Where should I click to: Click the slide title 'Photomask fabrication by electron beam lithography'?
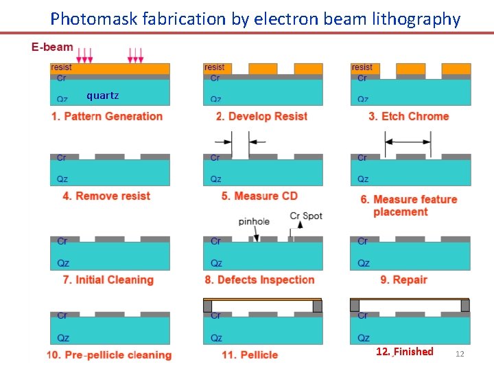tap(255, 19)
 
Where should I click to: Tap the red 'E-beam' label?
tap(52, 47)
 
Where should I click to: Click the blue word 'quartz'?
tap(102, 95)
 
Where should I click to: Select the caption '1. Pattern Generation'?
tap(107, 116)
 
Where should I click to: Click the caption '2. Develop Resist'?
tap(261, 116)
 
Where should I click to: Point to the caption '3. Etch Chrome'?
tap(408, 116)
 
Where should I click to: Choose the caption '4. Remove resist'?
tap(106, 196)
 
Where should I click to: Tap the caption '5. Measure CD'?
tap(259, 196)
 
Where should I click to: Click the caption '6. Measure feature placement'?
tap(409, 205)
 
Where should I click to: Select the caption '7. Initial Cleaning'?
tap(108, 280)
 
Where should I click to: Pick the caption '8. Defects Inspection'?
tap(259, 280)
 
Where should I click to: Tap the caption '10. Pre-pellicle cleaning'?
tap(109, 355)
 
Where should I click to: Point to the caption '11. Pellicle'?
tap(250, 355)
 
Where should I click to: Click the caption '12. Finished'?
tap(405, 352)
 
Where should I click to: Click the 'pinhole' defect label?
tap(254, 221)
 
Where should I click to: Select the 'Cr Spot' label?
tap(306, 216)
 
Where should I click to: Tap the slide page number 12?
tap(460, 353)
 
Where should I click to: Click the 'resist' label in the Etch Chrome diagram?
tap(362, 67)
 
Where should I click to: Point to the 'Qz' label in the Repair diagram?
tap(364, 263)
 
